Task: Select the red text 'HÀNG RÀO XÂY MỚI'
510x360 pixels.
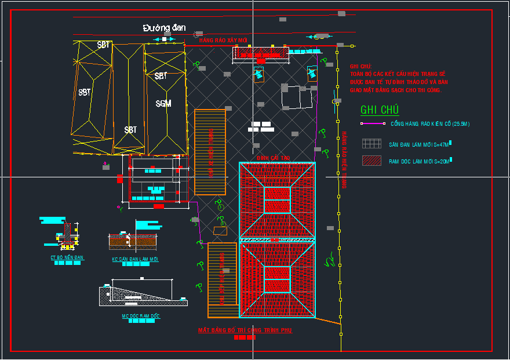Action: pos(223,41)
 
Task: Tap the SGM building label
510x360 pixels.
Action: pos(163,104)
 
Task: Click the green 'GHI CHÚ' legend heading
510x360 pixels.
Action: pos(380,110)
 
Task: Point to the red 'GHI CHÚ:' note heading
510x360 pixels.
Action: pos(360,67)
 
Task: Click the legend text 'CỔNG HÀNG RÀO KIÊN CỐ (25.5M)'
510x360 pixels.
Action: pos(430,124)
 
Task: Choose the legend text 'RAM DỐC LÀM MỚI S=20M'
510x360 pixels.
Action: pos(419,162)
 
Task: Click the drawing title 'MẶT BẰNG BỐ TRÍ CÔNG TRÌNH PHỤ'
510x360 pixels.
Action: pos(245,330)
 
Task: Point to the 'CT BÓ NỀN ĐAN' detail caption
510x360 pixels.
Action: pos(67,257)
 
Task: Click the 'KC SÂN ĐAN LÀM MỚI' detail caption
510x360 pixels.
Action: pos(135,259)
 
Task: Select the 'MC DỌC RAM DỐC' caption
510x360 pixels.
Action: pos(140,316)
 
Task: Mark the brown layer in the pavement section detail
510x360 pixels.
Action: pos(133,238)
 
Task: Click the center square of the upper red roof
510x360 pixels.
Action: pos(277,200)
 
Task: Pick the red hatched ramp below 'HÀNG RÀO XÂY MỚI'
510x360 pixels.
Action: pos(260,53)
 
